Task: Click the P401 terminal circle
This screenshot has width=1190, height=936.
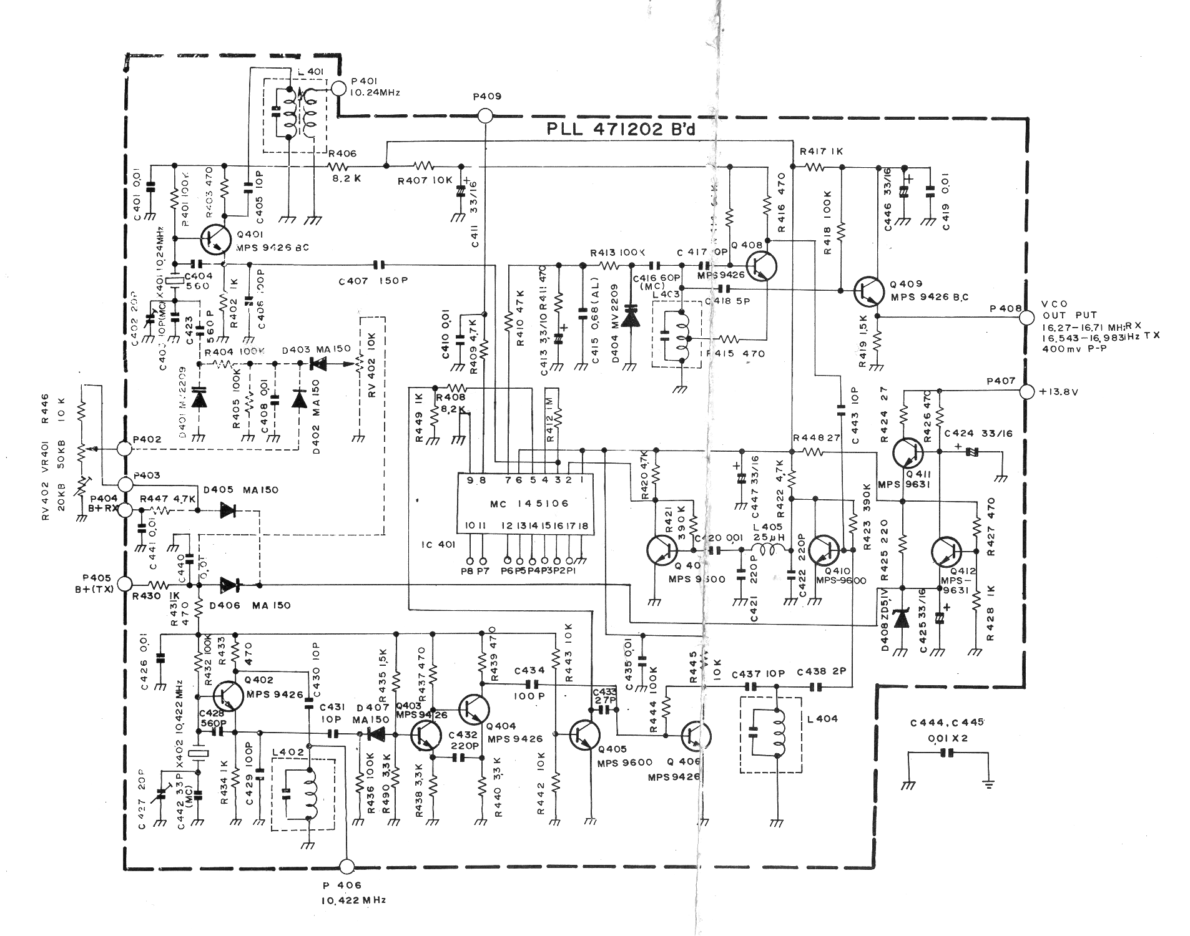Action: pos(338,89)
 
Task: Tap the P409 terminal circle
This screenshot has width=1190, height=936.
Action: pos(485,115)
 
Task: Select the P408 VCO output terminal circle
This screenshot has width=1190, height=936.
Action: pos(1025,317)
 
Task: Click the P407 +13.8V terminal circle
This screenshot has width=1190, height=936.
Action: pos(1025,392)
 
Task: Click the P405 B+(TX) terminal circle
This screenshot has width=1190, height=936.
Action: pos(125,585)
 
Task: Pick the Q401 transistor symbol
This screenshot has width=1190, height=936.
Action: pos(216,238)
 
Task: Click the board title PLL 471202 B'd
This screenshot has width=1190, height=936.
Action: pos(621,130)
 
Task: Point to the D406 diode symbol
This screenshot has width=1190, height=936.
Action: pos(230,585)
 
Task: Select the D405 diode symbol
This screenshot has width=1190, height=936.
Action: pos(229,510)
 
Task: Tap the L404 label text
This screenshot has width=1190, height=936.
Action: pos(822,719)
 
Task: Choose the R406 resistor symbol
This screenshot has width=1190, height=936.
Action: pos(338,166)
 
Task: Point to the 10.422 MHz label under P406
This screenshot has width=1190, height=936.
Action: pos(353,900)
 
